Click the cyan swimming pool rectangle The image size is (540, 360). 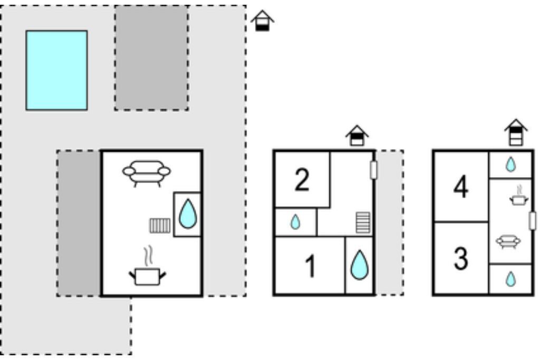(56, 70)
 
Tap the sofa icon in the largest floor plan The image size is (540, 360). (147, 172)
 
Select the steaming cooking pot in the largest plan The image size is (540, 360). (147, 271)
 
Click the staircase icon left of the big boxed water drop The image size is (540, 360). (160, 226)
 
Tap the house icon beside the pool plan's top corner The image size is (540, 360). (262, 21)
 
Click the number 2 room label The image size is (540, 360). (302, 180)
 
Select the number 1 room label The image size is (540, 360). (311, 266)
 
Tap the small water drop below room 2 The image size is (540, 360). (295, 222)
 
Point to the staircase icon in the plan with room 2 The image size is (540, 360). (363, 222)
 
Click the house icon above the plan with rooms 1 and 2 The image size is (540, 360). (358, 135)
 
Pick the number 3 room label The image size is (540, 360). (461, 259)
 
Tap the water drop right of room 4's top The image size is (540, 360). (510, 164)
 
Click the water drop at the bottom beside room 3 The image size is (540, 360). (510, 279)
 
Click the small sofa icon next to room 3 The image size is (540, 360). (508, 242)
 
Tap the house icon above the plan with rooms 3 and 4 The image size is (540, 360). (516, 132)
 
